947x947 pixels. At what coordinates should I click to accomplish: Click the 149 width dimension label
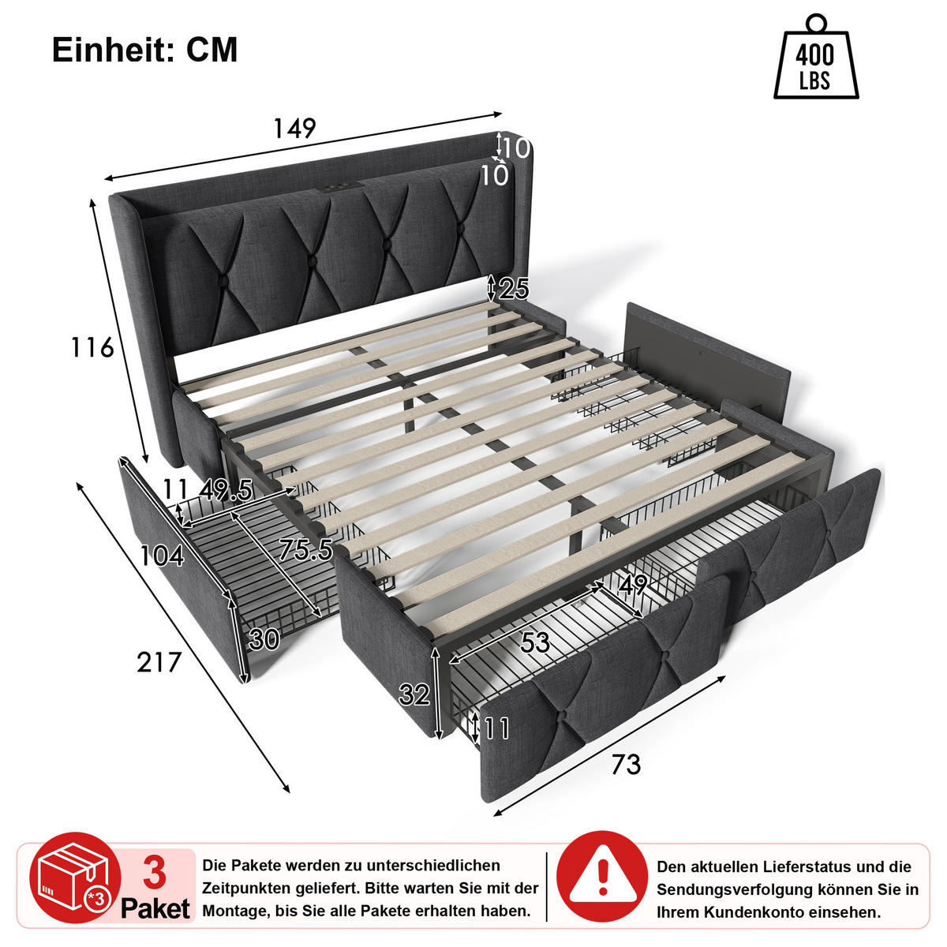[294, 129]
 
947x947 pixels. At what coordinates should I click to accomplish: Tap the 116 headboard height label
[92, 348]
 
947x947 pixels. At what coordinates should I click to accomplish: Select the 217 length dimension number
[159, 662]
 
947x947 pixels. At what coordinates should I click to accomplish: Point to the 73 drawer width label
[627, 764]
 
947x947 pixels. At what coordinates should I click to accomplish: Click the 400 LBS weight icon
[816, 57]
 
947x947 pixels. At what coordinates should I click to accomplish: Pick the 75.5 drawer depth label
[305, 549]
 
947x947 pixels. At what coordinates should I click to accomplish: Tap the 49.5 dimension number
[226, 490]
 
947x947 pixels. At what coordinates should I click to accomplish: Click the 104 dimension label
[163, 556]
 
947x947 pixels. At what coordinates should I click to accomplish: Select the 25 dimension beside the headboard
[514, 289]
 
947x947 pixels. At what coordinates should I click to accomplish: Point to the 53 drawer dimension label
[535, 642]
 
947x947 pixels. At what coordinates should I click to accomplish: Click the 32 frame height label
[414, 694]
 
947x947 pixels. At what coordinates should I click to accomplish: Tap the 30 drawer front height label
[264, 639]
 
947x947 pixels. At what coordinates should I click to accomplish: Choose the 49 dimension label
[633, 585]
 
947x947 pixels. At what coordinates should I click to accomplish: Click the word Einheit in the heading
[113, 50]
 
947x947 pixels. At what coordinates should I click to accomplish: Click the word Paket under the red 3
[155, 908]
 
